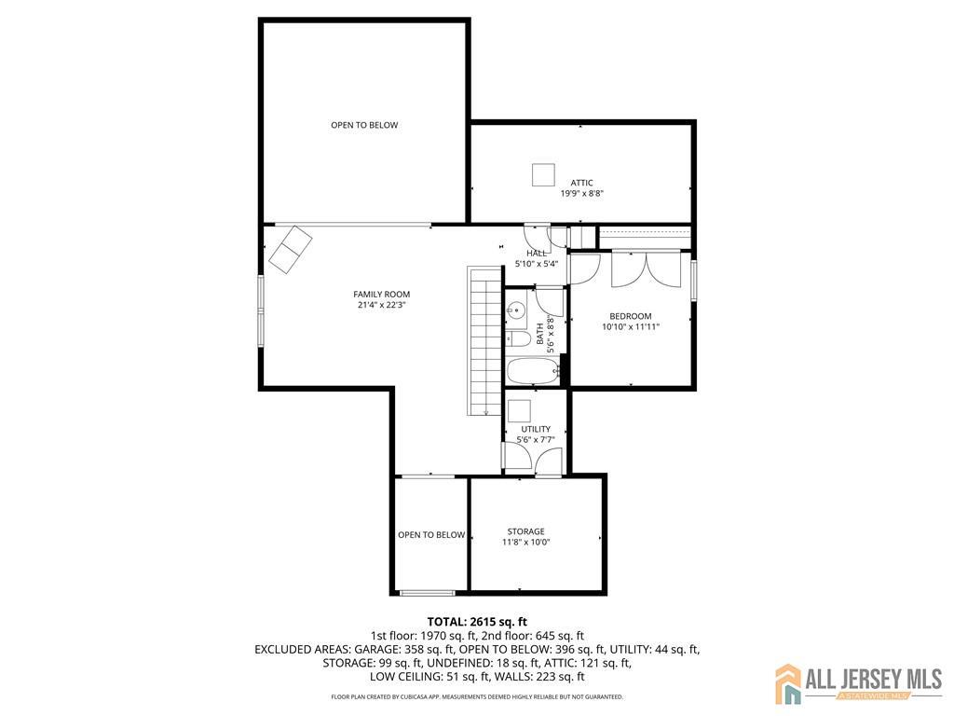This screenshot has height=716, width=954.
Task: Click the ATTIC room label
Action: pos(581,183)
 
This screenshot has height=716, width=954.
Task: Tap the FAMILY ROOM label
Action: pos(381,294)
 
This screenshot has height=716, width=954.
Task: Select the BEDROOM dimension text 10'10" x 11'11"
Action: pos(631,326)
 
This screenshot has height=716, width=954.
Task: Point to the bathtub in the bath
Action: pos(533,371)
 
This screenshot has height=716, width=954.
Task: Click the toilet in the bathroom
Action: pos(518,338)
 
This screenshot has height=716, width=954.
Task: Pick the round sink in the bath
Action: pos(517,310)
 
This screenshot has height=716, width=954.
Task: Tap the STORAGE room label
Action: pos(525,531)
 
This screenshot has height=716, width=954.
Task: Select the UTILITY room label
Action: pos(536,429)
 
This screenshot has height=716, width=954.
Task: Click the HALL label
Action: pos(537,254)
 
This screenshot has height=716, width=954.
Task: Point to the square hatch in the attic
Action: pos(543,174)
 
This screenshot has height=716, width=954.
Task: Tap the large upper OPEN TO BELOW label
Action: pos(364,126)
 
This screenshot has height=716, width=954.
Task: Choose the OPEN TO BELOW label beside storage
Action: pos(431,535)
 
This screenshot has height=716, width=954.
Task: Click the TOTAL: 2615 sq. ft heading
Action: pos(477,622)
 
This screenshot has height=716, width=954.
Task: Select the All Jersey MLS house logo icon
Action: pos(788,682)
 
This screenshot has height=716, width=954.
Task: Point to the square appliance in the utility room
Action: pos(520,411)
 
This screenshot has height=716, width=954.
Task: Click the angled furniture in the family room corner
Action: pos(291,250)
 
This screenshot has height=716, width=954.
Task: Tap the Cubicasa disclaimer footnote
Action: pos(477,696)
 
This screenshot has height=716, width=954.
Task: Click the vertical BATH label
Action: pos(540,334)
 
